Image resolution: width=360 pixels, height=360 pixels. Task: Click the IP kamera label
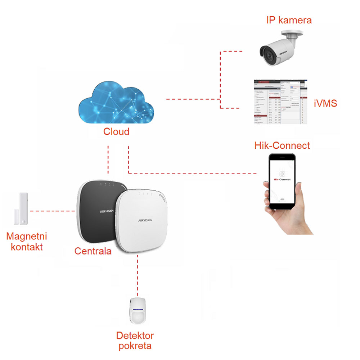click(x=289, y=20)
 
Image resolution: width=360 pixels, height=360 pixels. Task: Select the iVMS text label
click(x=325, y=104)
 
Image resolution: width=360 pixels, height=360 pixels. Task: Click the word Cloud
click(x=116, y=132)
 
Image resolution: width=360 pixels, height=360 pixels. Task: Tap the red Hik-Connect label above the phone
click(x=282, y=145)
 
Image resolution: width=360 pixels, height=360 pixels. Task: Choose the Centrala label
click(x=93, y=251)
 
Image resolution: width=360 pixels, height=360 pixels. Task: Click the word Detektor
click(x=135, y=336)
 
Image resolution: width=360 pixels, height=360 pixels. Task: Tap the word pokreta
click(x=135, y=346)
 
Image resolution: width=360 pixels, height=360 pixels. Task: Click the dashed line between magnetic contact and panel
click(x=53, y=211)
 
